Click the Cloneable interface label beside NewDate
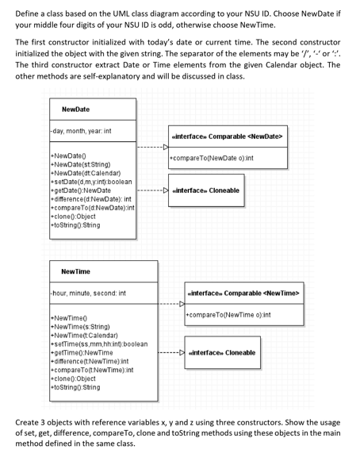pos(209,191)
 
